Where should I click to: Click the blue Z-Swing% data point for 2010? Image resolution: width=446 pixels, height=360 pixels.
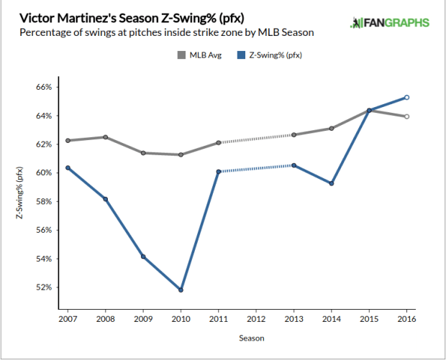point(181,290)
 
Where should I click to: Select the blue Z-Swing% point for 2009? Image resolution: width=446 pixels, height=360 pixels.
point(143,257)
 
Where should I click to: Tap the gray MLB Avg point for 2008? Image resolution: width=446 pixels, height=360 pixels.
point(106,137)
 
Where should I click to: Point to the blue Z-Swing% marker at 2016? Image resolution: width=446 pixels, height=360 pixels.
point(406,98)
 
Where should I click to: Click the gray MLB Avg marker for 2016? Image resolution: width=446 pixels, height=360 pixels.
point(406,116)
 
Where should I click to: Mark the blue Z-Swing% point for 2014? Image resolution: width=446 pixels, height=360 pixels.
point(332,183)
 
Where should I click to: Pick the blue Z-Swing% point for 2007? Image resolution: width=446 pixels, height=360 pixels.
point(68,168)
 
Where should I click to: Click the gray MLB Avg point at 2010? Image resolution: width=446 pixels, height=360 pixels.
point(181,154)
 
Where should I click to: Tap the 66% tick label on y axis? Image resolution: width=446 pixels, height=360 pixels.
point(44,88)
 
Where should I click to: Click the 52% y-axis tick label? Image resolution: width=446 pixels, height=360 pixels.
point(44,287)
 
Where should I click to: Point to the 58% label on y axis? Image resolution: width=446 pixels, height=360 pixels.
point(44,202)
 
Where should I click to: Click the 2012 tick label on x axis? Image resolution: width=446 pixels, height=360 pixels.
point(256,317)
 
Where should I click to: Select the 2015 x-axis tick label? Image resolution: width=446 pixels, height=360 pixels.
point(369,317)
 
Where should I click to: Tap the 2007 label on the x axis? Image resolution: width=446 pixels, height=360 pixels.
point(68,317)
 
